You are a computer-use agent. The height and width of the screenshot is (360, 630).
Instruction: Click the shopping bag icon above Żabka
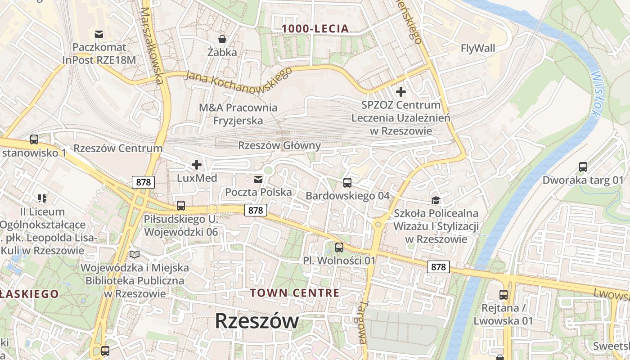222,39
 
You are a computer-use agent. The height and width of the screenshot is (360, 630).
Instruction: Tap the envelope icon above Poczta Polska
258,180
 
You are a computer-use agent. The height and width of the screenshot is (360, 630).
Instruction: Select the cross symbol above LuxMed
197,165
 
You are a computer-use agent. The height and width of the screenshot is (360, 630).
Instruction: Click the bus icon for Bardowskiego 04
347,182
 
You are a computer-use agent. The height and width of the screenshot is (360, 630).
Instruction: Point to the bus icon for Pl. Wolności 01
339,247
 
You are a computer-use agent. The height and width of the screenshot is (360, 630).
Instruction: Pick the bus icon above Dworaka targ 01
583,167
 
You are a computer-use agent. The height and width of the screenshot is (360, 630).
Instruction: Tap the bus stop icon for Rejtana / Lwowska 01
503,295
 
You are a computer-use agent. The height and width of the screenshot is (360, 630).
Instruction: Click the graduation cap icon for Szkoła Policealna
436,200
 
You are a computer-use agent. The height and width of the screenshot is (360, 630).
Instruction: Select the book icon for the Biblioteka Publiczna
135,255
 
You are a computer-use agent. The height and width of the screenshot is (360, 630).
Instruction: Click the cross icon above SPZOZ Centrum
400,92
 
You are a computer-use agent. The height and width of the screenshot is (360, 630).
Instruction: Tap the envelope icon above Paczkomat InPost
99,34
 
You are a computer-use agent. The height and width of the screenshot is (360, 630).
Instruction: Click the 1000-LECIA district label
315,29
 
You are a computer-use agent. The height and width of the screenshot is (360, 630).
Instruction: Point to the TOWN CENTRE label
295,293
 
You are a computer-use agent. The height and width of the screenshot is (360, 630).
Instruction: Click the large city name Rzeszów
256,321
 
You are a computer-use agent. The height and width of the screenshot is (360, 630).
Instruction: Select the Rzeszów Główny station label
279,145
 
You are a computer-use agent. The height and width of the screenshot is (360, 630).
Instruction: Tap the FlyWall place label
478,48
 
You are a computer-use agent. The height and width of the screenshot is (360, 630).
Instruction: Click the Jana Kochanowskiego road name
238,80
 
